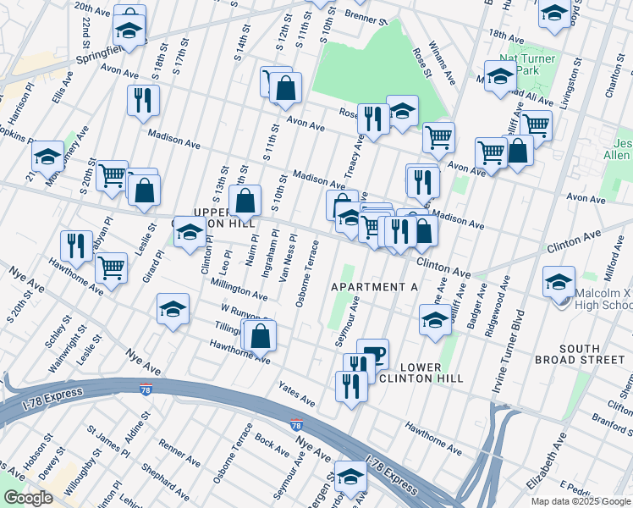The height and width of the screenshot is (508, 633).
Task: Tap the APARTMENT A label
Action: [x=374, y=287]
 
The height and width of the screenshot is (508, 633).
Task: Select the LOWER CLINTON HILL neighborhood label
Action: [x=421, y=372]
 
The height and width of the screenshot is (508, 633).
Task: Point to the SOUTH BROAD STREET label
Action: [x=579, y=354]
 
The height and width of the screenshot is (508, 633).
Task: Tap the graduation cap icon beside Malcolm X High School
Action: [x=559, y=281]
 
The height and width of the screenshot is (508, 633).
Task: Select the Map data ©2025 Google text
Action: [x=580, y=501]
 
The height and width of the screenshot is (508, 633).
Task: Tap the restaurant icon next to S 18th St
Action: [x=143, y=99]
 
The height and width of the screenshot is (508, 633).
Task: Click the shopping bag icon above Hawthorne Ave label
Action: [x=261, y=334]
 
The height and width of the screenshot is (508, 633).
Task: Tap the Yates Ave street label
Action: [x=297, y=393]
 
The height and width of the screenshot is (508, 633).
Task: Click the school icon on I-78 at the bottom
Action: [x=350, y=475]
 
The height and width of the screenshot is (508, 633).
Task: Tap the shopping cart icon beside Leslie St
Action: [x=112, y=267]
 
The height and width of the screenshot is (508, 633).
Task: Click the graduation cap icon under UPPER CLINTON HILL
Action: [x=190, y=231]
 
